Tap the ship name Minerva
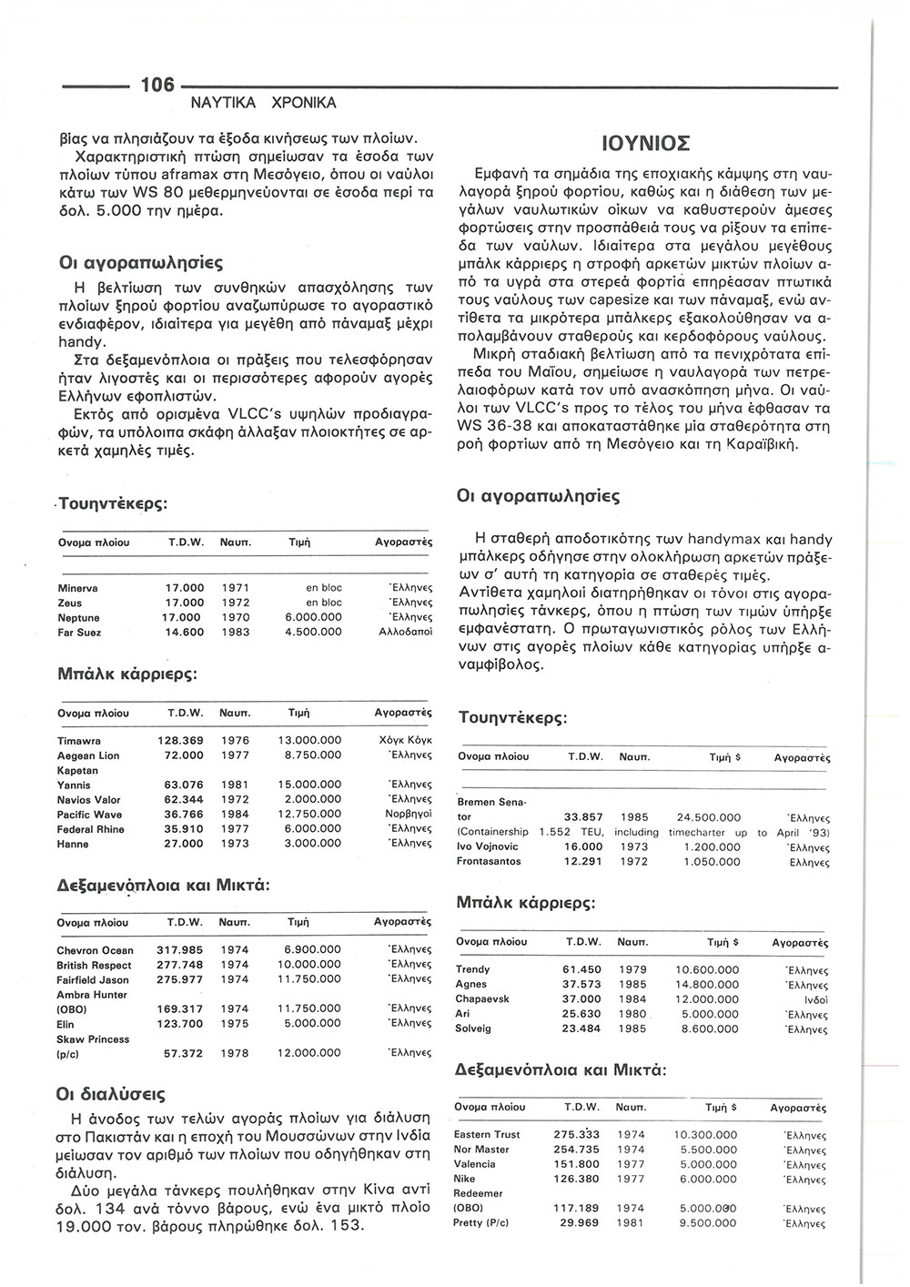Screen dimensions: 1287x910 [78, 588]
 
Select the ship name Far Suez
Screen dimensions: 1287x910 [79, 633]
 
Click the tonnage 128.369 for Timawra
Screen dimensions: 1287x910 [180, 741]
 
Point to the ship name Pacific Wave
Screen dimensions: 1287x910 [89, 815]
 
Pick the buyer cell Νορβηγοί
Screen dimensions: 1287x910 [408, 815]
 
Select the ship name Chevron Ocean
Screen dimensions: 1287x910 [95, 950]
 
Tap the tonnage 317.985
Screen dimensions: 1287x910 [180, 950]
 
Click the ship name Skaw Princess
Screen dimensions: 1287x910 [93, 1039]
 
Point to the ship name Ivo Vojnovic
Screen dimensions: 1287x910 [490, 846]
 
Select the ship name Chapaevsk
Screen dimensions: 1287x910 [482, 998]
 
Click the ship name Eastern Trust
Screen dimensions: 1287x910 [487, 1134]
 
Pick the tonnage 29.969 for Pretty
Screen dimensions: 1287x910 [577, 1222]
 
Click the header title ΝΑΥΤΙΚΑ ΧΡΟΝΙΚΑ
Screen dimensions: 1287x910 [263, 103]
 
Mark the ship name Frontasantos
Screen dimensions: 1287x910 [489, 861]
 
